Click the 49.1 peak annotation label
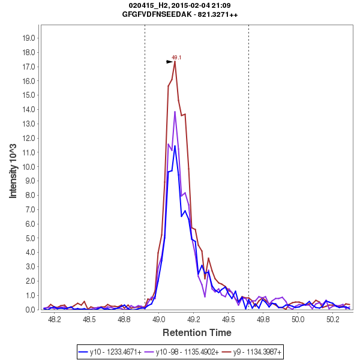coord(176,58)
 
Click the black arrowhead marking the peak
coord(170,62)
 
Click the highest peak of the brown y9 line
coord(175,61)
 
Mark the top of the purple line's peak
coord(175,112)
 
